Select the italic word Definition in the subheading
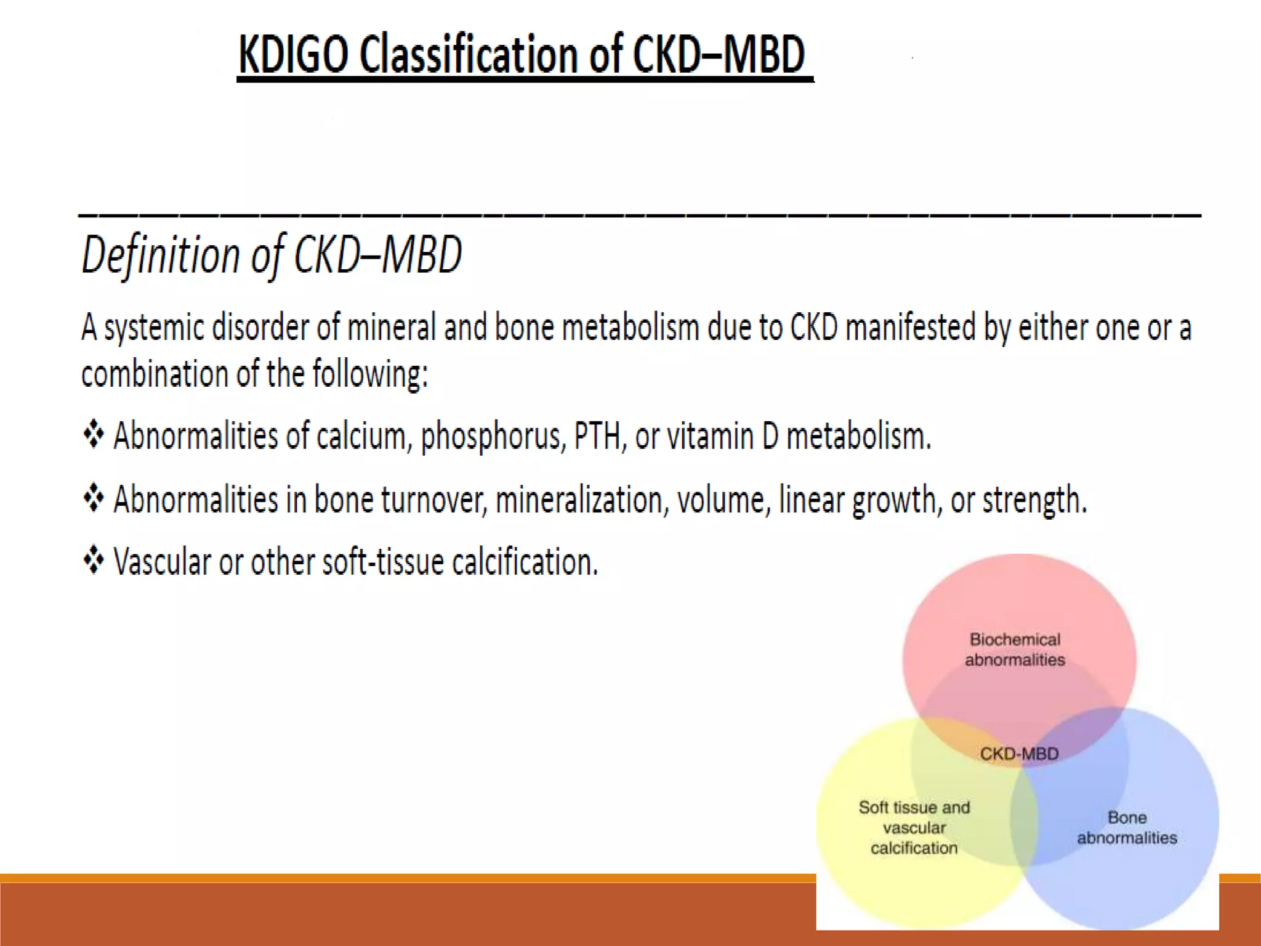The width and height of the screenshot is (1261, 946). (x=161, y=255)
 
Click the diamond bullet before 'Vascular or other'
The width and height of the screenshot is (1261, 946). (x=94, y=560)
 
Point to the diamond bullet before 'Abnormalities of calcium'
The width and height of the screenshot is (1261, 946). (x=94, y=434)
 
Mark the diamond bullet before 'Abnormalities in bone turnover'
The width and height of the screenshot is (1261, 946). (x=94, y=498)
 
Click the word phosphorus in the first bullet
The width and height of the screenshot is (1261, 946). (x=493, y=437)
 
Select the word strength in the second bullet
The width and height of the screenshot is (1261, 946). (x=1034, y=499)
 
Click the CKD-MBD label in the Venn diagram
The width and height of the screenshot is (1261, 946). (x=1019, y=754)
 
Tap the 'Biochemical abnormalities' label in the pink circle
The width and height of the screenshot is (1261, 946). (x=1015, y=650)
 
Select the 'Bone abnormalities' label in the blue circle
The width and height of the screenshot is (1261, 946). (x=1127, y=828)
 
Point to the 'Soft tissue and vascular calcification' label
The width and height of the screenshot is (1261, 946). (x=914, y=828)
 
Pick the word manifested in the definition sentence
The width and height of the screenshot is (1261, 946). (x=911, y=327)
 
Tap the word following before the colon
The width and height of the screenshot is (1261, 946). (x=370, y=374)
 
